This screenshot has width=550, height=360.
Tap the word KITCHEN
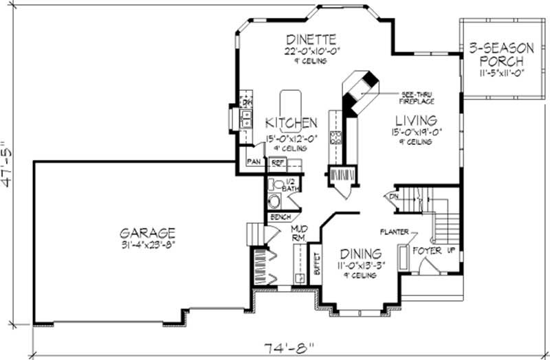click(x=291, y=123)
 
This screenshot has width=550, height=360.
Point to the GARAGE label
click(x=146, y=232)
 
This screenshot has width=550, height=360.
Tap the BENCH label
click(x=280, y=217)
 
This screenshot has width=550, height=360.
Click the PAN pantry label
click(x=253, y=164)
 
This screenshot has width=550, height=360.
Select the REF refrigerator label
click(x=278, y=163)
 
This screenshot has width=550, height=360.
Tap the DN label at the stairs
click(x=395, y=196)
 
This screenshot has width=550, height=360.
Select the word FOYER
click(x=427, y=249)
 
